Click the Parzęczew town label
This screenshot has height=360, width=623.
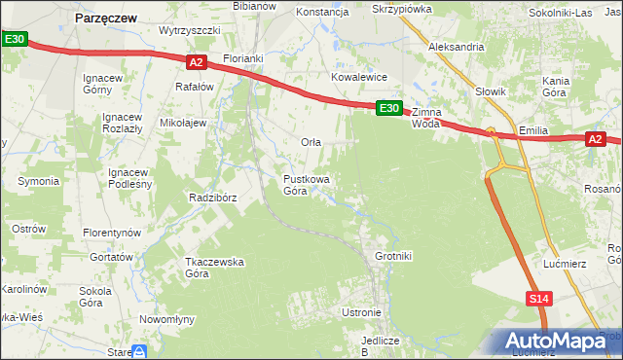coord(106,17)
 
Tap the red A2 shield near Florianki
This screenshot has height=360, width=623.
coord(197,62)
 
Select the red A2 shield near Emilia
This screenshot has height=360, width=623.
coord(597,140)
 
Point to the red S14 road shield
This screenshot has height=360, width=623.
coord(540,300)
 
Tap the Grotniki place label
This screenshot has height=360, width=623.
coord(394,257)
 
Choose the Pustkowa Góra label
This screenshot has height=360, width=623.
coord(306,185)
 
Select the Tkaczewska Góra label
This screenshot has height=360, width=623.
coord(214,268)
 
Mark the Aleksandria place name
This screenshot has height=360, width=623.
coord(457,47)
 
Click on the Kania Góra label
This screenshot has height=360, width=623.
coord(555,87)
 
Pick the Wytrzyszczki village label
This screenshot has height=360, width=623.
coord(190,30)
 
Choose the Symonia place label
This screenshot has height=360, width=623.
coord(39,181)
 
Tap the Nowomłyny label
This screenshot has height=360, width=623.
coord(167,319)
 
